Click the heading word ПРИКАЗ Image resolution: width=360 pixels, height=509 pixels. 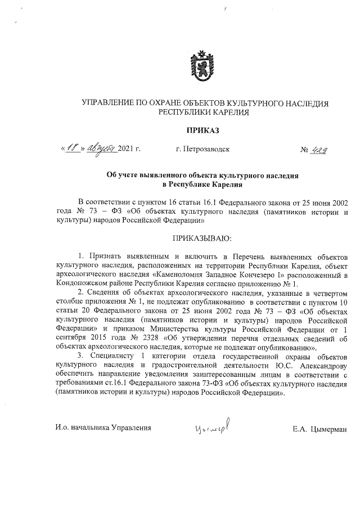(x=202, y=130)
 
